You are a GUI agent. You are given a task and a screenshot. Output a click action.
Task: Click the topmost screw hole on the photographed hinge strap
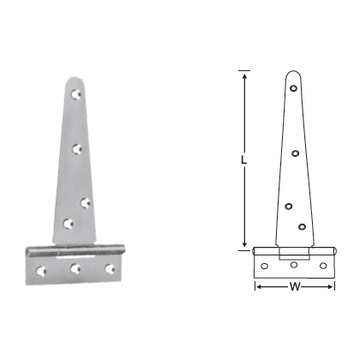77,92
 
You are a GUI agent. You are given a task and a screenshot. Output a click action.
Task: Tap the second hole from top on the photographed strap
78,148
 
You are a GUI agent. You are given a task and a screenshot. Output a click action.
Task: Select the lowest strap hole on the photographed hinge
69,225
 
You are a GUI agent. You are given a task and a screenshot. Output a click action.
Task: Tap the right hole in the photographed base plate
109,268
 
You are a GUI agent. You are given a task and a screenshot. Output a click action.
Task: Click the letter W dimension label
295,286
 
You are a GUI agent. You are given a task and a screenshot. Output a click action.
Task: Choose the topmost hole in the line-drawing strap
295,87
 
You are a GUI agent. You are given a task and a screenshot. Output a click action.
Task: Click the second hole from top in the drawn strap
295,153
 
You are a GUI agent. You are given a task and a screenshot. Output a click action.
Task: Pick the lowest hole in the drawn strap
303,226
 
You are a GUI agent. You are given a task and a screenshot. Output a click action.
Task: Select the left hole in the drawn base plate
266,267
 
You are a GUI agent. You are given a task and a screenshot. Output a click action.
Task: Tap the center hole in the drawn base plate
295,267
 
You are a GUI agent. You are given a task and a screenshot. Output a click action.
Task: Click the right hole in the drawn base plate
323,267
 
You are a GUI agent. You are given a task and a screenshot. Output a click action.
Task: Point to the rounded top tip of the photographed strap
75,79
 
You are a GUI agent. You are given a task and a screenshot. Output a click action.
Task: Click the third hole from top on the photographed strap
84,202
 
